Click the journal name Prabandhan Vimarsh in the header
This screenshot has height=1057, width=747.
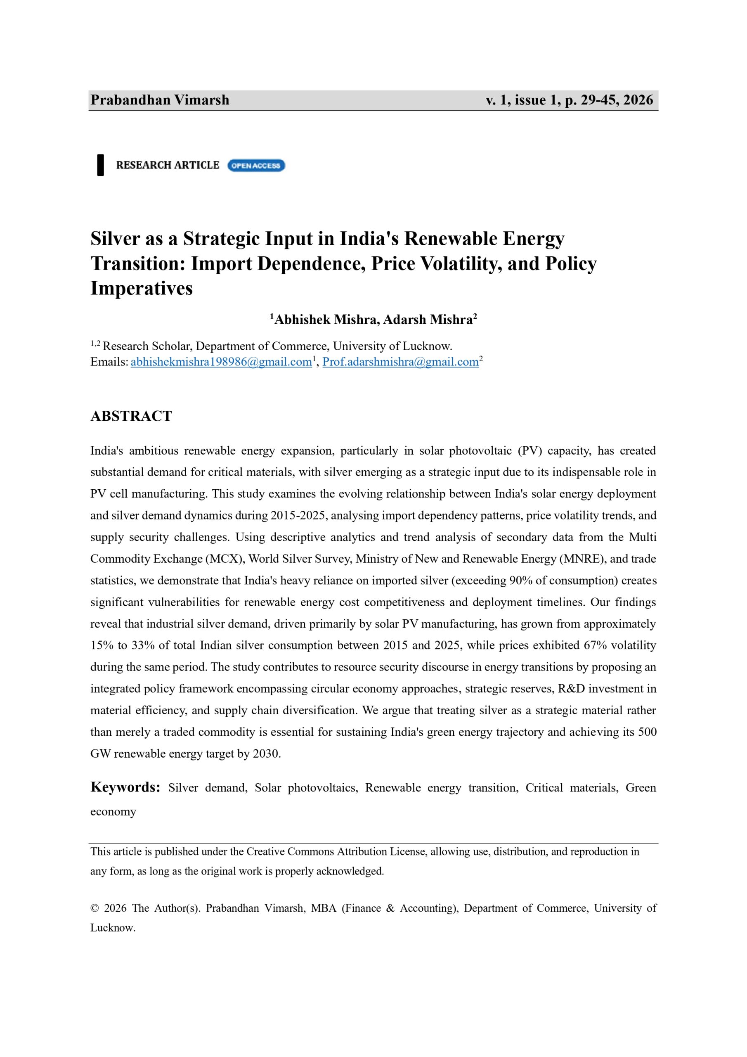pyautogui.click(x=160, y=100)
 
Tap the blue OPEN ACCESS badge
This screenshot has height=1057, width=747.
pyautogui.click(x=256, y=165)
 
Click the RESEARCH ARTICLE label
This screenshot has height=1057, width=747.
pyautogui.click(x=168, y=165)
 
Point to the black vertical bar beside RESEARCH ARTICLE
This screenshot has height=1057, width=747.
pyautogui.click(x=100, y=165)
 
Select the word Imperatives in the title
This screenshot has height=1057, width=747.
pyautogui.click(x=141, y=288)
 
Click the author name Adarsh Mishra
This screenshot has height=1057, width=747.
pyautogui.click(x=428, y=320)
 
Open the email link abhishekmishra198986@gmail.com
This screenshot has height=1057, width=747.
pyautogui.click(x=221, y=362)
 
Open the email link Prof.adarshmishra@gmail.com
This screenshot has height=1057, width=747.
pyautogui.click(x=400, y=362)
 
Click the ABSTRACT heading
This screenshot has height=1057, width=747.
pyautogui.click(x=131, y=416)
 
